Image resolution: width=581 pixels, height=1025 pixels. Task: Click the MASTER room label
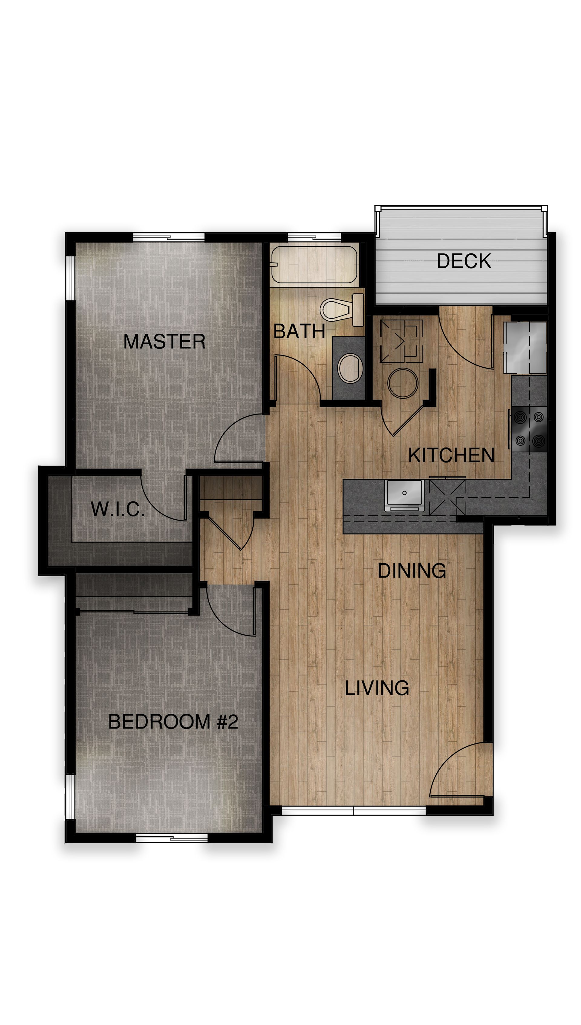(164, 342)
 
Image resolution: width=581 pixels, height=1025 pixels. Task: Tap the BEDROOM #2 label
(173, 722)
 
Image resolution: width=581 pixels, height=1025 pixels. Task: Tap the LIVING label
(377, 688)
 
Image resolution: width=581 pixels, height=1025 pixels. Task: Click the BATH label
(299, 331)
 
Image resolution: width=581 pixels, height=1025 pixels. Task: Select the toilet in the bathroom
(342, 309)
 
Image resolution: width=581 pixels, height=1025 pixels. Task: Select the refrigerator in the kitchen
(525, 347)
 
